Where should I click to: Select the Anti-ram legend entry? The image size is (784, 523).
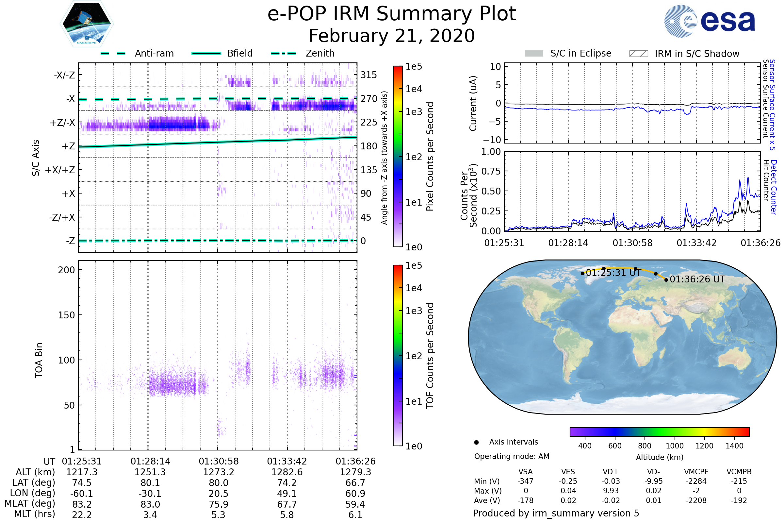pyautogui.click(x=137, y=53)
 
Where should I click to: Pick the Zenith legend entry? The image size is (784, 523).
pyautogui.click(x=303, y=53)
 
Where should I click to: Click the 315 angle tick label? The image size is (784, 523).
pyautogui.click(x=368, y=75)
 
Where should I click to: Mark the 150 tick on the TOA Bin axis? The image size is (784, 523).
pyautogui.click(x=66, y=315)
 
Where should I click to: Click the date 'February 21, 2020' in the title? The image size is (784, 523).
pyautogui.click(x=392, y=36)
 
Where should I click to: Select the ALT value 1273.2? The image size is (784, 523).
pyautogui.click(x=219, y=472)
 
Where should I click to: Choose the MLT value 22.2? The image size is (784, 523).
pyautogui.click(x=82, y=515)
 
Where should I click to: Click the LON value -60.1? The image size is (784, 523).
pyautogui.click(x=82, y=493)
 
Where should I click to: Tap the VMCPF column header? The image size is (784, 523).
pyautogui.click(x=696, y=472)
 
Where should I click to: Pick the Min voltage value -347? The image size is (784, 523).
pyautogui.click(x=525, y=481)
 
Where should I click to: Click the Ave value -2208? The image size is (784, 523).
pyautogui.click(x=696, y=500)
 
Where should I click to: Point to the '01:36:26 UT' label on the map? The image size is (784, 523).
pyautogui.click(x=697, y=279)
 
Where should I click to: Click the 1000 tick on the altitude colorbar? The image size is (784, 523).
pyautogui.click(x=674, y=446)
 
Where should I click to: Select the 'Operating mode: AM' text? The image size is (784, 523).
pyautogui.click(x=512, y=456)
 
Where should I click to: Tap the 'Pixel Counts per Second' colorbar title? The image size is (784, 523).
pyautogui.click(x=430, y=157)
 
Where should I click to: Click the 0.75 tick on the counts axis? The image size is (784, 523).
pyautogui.click(x=491, y=171)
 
